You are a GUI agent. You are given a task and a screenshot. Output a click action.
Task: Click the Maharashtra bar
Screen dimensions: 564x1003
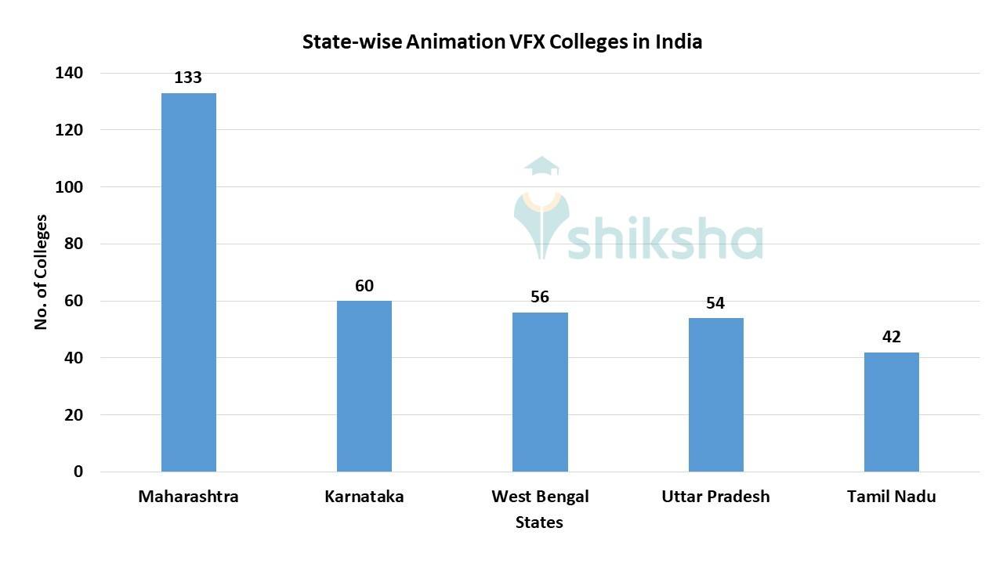189,282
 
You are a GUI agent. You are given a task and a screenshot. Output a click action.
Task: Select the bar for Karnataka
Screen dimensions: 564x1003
364,386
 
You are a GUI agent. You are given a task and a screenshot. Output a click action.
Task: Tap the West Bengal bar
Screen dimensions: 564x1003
540,392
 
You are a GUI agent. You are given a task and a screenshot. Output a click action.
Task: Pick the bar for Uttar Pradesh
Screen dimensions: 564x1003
715,395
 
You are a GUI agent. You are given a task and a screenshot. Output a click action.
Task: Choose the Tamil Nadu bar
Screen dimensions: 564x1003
891,412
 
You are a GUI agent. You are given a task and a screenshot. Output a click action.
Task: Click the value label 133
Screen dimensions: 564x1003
188,78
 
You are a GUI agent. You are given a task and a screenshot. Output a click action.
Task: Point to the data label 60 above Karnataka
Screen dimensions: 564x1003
364,286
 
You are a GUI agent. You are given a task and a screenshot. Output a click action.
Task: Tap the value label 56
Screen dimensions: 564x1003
540,297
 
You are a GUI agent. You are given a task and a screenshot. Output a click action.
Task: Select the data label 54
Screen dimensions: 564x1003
715,303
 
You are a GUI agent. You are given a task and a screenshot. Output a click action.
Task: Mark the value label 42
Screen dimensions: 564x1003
891,337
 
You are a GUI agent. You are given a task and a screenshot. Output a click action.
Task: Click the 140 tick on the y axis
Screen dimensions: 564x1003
69,73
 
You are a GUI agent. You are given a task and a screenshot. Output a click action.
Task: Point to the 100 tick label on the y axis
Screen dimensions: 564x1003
69,187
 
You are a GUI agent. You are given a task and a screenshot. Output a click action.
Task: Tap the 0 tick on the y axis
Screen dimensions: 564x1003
78,472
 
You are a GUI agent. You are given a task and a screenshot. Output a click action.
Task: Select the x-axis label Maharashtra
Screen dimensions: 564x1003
188,497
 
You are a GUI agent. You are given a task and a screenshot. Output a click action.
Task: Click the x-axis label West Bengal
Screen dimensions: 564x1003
540,497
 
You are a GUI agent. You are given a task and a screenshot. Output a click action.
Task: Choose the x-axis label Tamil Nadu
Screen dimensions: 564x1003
891,497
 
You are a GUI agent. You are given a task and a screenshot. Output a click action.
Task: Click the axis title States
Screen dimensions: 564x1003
539,522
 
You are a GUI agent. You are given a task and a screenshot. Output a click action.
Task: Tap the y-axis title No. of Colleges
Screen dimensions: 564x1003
42,272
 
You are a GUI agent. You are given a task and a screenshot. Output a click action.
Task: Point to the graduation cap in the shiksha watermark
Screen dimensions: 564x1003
541,166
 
